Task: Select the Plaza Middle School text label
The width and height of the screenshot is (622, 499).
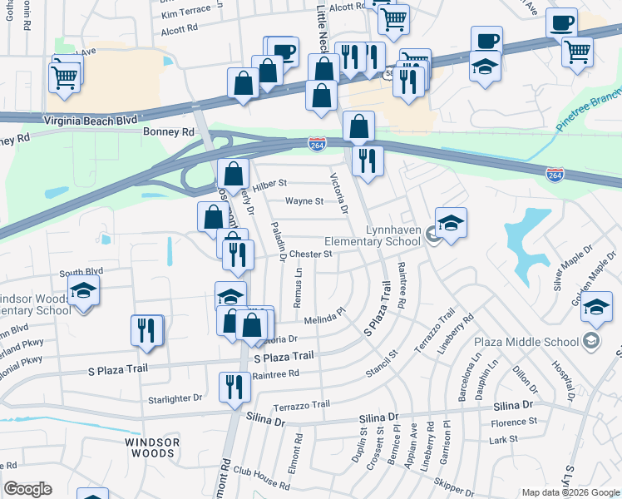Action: pyautogui.click(x=526, y=342)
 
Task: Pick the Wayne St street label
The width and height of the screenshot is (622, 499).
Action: pyautogui.click(x=304, y=201)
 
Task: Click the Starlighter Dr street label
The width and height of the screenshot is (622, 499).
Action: pyautogui.click(x=175, y=398)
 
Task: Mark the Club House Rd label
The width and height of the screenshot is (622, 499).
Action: pyautogui.click(x=263, y=472)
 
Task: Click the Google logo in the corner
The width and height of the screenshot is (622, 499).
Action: pyautogui.click(x=27, y=489)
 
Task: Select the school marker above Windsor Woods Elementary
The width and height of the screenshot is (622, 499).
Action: pyautogui.click(x=83, y=289)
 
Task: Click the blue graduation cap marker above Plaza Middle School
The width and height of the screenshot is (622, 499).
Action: pyautogui.click(x=596, y=306)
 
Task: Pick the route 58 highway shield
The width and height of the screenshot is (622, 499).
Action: pyautogui.click(x=389, y=74)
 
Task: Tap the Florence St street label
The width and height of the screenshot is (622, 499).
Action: pyautogui.click(x=514, y=422)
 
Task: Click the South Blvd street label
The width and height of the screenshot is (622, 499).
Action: pyautogui.click(x=81, y=272)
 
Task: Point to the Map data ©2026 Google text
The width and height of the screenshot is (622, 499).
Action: pyautogui.click(x=570, y=492)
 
